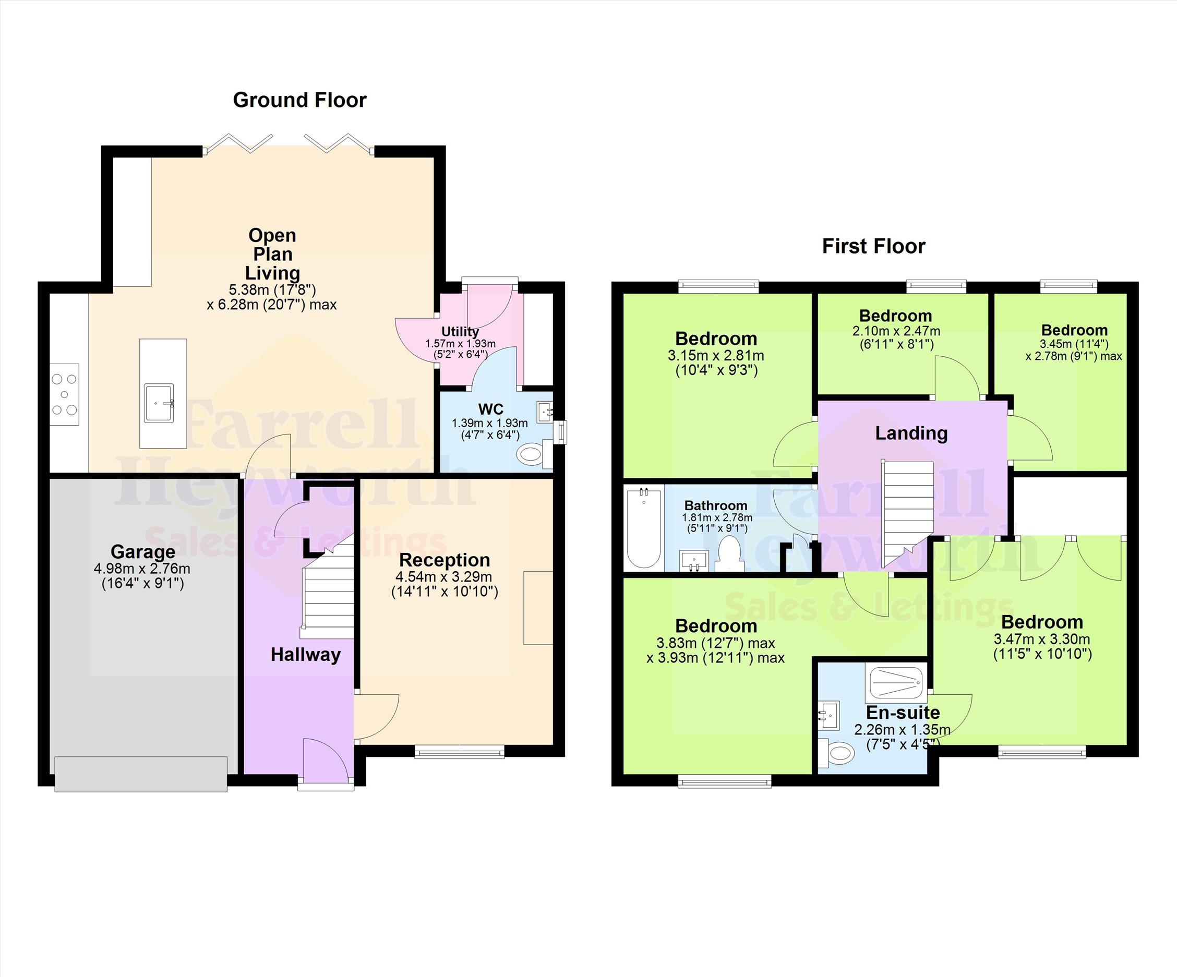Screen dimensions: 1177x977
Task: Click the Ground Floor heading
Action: click(300, 100)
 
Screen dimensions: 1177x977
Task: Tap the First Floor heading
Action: click(874, 246)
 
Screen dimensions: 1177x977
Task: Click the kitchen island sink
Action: click(159, 403)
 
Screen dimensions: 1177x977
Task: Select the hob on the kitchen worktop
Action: click(65, 394)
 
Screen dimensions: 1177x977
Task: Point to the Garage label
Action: click(143, 551)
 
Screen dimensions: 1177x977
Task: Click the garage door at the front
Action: click(141, 774)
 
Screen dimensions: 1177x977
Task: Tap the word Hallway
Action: click(305, 655)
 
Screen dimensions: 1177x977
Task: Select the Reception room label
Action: click(445, 560)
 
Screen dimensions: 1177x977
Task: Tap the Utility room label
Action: click(460, 332)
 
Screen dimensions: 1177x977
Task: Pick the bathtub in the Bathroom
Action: click(644, 527)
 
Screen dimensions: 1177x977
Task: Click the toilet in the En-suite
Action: click(835, 752)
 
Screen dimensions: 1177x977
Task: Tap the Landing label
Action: click(911, 433)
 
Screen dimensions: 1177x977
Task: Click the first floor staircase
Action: click(908, 513)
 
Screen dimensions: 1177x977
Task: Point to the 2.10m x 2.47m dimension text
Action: click(896, 331)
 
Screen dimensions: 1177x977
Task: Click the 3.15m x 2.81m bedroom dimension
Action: click(716, 355)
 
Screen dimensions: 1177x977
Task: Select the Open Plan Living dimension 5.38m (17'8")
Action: click(272, 290)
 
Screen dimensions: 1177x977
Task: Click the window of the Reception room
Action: click(459, 751)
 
